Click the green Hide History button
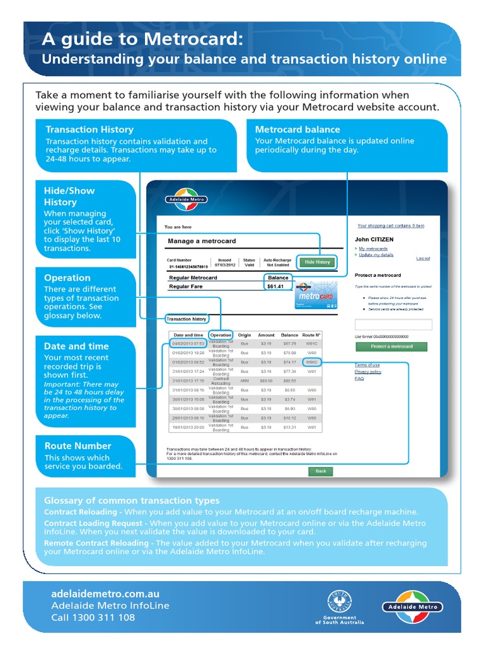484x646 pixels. (x=318, y=262)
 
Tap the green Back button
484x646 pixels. (x=320, y=471)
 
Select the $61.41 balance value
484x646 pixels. (x=276, y=286)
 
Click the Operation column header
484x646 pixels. (x=221, y=335)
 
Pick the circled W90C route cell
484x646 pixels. (x=311, y=362)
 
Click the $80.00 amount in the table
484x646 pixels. (x=267, y=381)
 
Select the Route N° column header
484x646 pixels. (x=311, y=335)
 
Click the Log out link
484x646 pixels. (x=423, y=258)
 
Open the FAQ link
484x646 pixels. (x=359, y=379)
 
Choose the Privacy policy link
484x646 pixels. (x=367, y=372)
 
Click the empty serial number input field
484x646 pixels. (x=393, y=325)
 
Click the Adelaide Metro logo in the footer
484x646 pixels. (x=413, y=605)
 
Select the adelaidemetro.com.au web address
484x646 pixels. (x=105, y=594)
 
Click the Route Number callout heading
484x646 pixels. (x=78, y=445)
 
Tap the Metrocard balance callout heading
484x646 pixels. (x=297, y=129)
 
